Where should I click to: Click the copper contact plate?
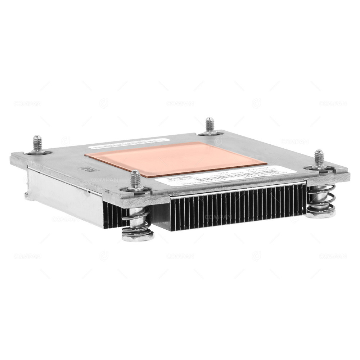[x=169, y=158]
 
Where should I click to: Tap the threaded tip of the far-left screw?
[x=37, y=142]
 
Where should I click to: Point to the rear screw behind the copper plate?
[x=210, y=125]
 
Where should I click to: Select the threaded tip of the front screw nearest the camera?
[x=135, y=179]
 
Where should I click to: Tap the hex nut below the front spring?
[x=138, y=236]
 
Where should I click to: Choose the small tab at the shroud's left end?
[x=27, y=196]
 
